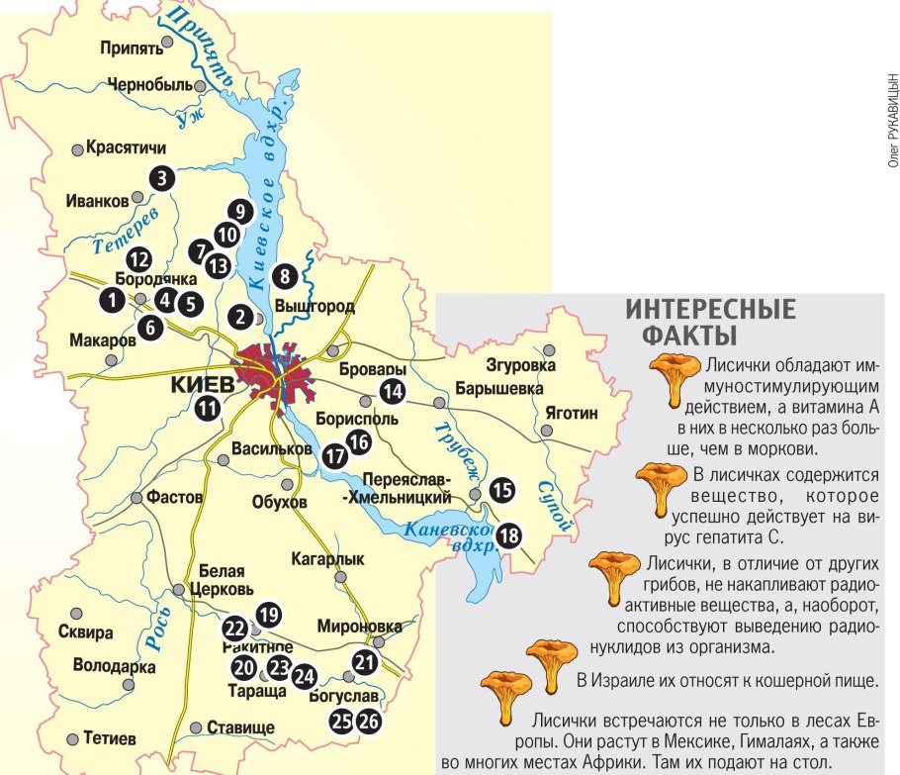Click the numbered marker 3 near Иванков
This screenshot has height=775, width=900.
click(160, 178)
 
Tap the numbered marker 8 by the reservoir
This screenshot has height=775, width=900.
click(285, 277)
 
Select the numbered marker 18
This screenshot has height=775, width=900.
click(509, 535)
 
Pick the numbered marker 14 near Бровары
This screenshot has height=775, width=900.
click(394, 391)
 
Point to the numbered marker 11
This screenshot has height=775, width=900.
click(208, 407)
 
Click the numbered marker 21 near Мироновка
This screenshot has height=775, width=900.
click(366, 663)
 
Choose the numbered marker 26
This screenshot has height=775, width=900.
click(369, 722)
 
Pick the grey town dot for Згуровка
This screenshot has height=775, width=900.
click(549, 348)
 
